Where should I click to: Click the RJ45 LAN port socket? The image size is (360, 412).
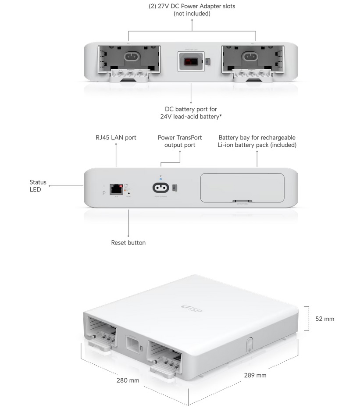coord(116,188)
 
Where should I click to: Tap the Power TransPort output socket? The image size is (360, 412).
coord(160,188)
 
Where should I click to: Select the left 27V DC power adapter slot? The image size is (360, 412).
coord(128,60)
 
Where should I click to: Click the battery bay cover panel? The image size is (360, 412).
coord(242,188)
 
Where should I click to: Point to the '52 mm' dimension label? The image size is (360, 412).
coord(324,319)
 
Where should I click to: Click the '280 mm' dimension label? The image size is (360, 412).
coord(128,380)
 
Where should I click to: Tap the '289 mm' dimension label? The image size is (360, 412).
coord(255,375)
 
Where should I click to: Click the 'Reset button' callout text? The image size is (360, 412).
coord(128,242)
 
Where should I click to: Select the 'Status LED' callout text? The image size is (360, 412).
coord(38,186)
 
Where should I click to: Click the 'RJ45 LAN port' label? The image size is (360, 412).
coord(116,138)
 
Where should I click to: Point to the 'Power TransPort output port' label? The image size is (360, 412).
coord(180,141)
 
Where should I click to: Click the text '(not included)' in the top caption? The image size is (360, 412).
coord(192,14)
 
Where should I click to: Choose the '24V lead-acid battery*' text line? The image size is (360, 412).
coord(191,117)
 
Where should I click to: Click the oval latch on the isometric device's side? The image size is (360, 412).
coord(248,344)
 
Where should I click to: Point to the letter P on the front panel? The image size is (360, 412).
coord(103,192)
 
